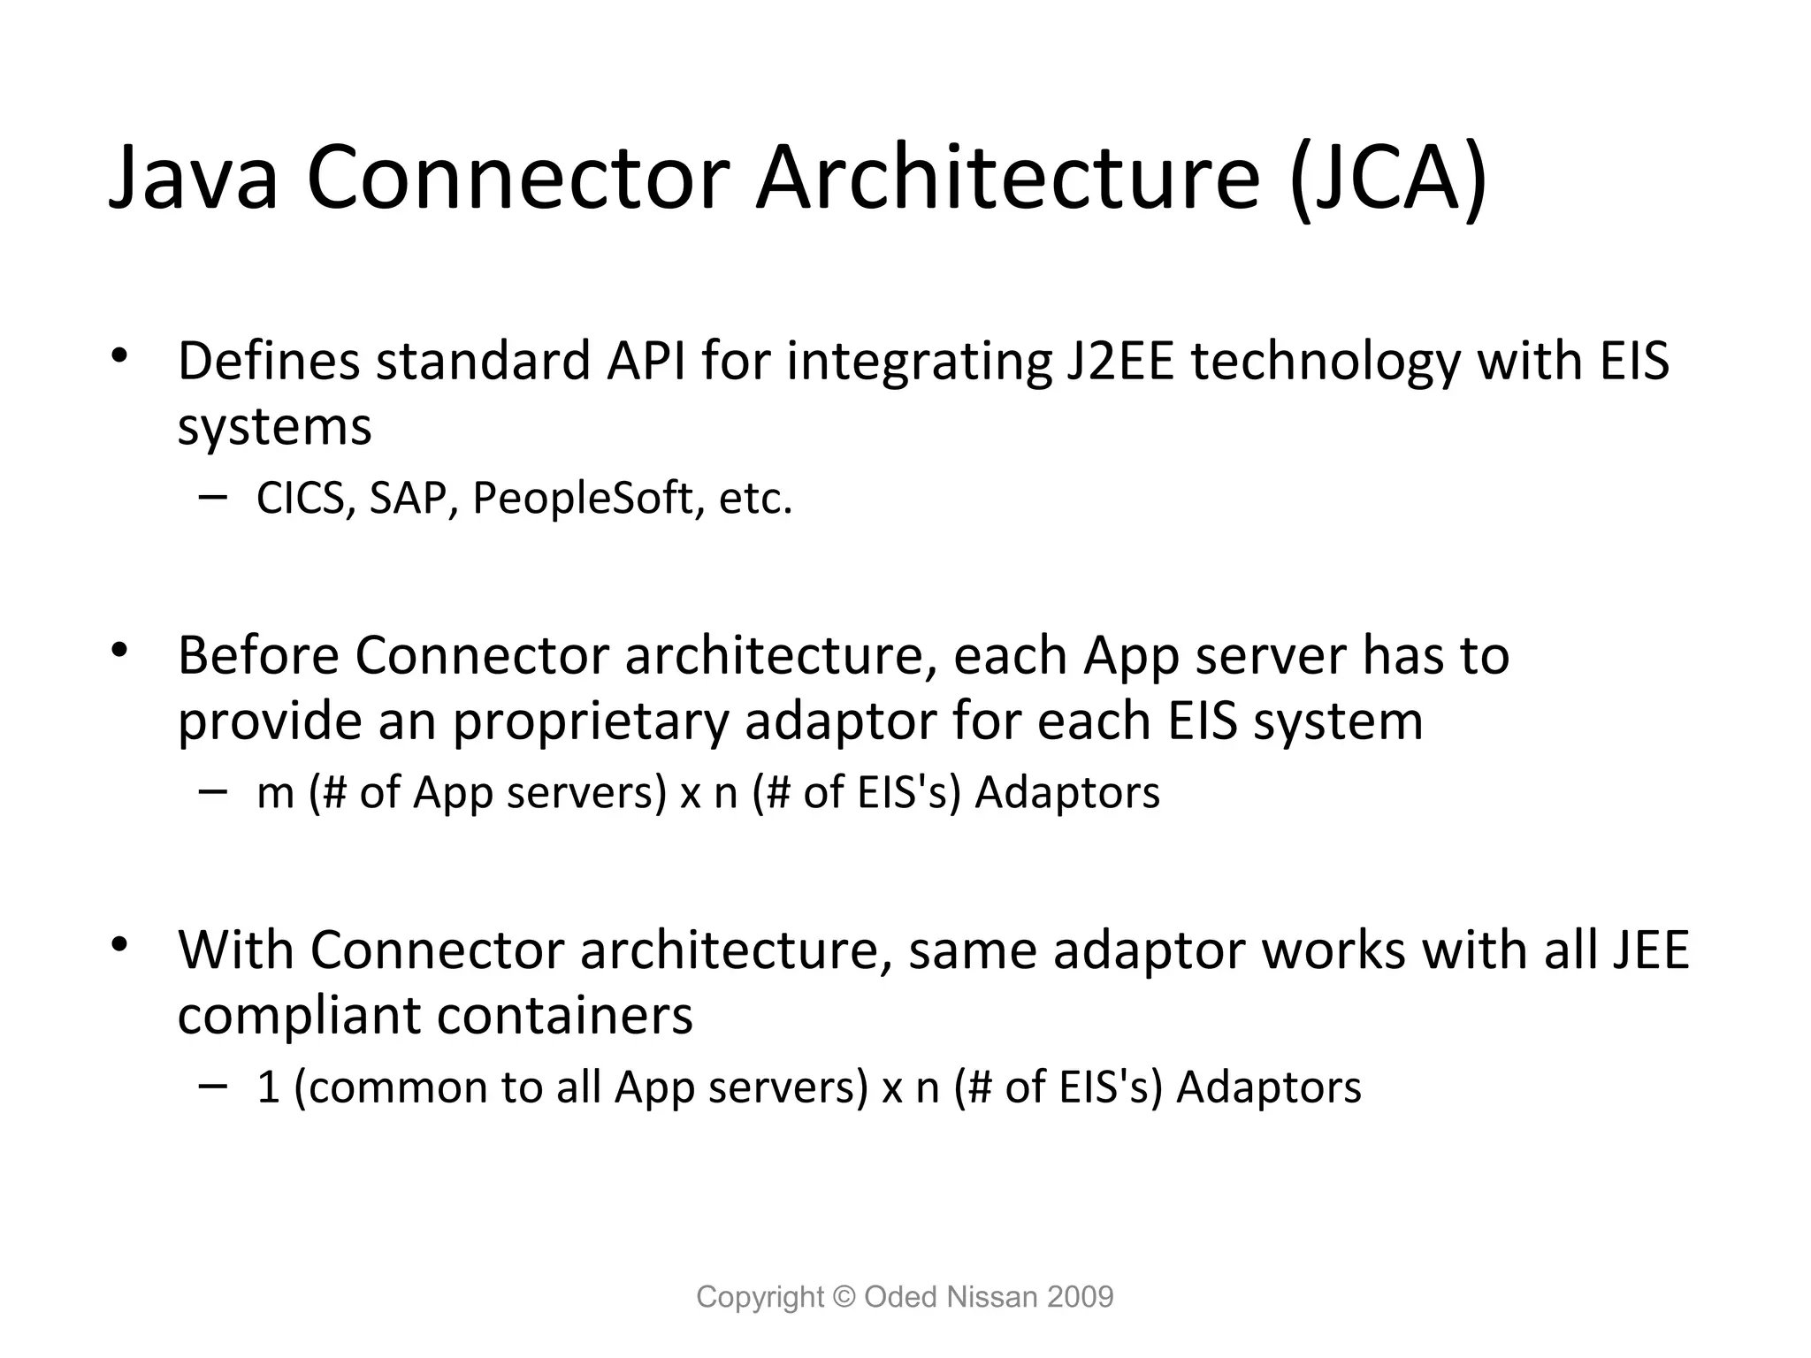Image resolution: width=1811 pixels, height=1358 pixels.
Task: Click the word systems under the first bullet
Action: [274, 428]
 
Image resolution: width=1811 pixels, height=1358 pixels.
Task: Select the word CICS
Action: [300, 499]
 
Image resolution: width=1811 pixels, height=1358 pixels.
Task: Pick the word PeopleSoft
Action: [583, 499]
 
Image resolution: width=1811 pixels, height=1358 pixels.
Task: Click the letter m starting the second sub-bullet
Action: [275, 794]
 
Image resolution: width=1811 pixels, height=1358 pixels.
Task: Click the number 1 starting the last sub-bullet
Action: [268, 1087]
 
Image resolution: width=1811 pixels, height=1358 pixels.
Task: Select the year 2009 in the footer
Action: [1080, 1297]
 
